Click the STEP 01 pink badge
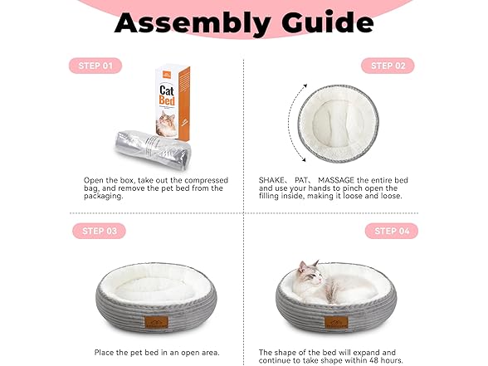95,66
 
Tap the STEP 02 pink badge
388,66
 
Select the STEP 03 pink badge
99,231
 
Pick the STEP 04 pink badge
392,231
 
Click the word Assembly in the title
193,23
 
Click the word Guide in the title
327,22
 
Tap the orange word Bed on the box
167,100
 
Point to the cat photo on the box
167,124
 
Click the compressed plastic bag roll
153,150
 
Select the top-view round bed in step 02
339,124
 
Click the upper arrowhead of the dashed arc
305,86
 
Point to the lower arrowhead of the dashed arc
304,159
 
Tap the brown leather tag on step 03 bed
156,322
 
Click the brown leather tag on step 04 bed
336,322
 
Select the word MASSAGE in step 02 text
336,180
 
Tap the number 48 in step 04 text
371,360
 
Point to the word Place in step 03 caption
104,353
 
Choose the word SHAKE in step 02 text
271,180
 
